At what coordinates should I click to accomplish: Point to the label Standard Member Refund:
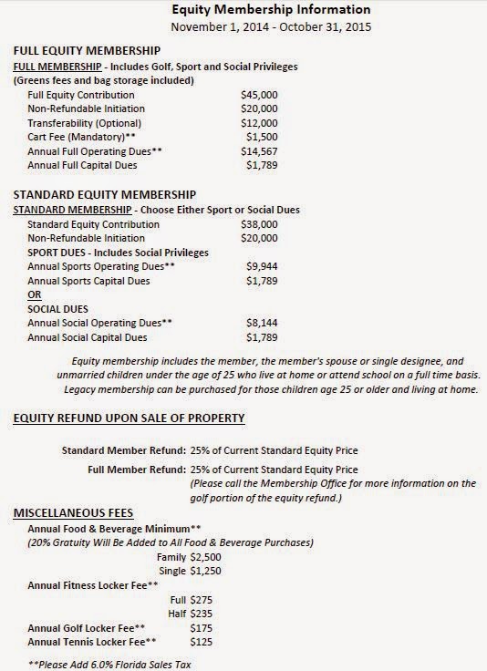pos(123,450)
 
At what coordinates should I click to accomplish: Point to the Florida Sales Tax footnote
pos(109,666)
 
